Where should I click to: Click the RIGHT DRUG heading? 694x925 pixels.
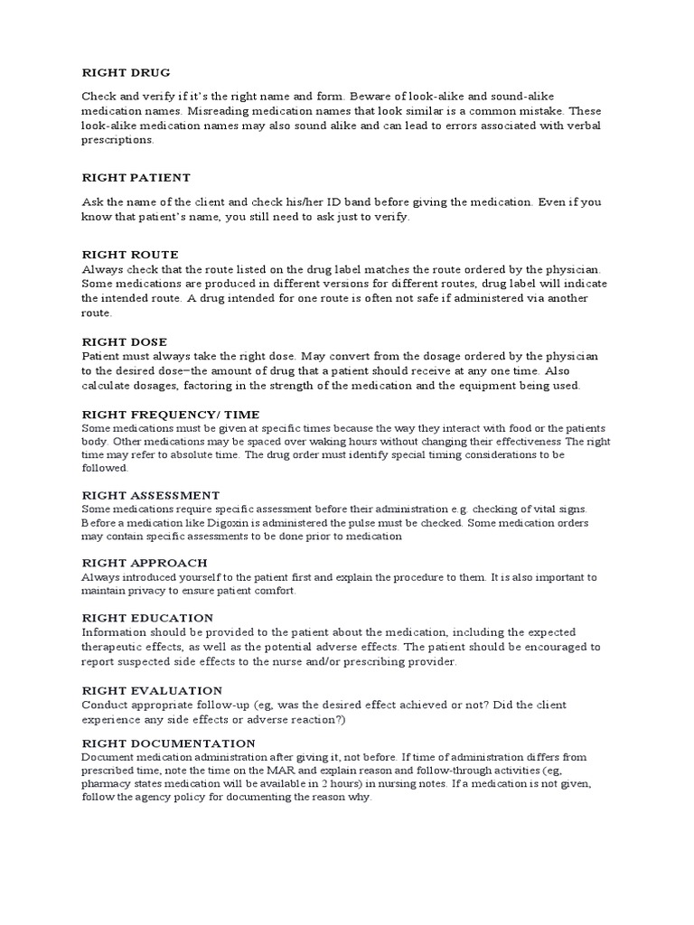(126, 72)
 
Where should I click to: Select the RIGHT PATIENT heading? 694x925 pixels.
(136, 178)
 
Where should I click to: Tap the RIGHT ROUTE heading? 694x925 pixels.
(130, 255)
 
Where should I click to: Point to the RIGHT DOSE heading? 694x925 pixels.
(125, 342)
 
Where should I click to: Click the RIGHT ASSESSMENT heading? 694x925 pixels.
(151, 495)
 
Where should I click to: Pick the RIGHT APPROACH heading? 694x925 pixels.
(145, 563)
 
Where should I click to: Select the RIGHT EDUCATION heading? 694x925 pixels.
(147, 618)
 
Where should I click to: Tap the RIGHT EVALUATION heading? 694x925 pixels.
(152, 690)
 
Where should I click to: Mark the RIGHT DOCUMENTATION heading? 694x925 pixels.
(168, 743)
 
